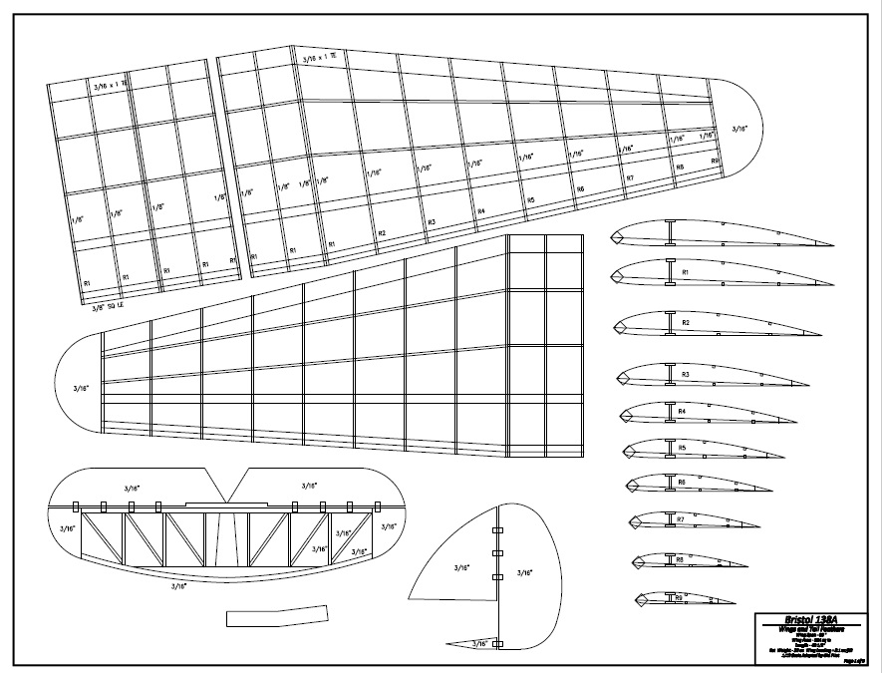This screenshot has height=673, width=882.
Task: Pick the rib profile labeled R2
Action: click(688, 325)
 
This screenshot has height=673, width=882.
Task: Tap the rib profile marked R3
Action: click(688, 377)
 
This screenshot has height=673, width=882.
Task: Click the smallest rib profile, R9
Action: click(677, 599)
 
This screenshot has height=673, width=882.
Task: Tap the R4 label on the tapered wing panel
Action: click(481, 211)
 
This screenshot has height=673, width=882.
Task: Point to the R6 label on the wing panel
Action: click(580, 188)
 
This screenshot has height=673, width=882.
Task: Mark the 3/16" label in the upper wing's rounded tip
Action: click(738, 129)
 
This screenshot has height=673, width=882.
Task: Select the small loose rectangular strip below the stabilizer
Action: click(277, 616)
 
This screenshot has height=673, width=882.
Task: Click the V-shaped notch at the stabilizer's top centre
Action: click(228, 487)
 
